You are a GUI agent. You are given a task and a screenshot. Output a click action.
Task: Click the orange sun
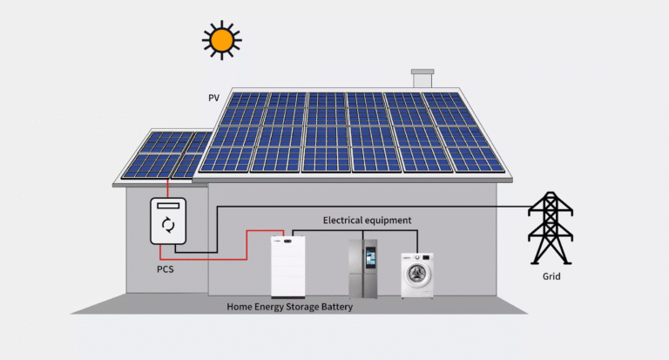click(221, 39)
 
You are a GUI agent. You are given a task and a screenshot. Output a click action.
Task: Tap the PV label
click(213, 98)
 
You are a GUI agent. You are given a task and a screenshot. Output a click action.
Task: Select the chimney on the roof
click(422, 78)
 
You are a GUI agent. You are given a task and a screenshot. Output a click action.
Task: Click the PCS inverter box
click(168, 221)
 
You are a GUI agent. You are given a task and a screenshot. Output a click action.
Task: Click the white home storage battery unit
click(288, 266)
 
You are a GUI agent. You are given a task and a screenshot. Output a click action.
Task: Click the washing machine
click(416, 275)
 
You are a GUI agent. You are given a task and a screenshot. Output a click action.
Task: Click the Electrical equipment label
click(367, 221)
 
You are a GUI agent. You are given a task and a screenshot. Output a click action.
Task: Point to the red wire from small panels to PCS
click(167, 188)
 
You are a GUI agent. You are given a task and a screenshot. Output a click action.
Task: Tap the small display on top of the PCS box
click(168, 207)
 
